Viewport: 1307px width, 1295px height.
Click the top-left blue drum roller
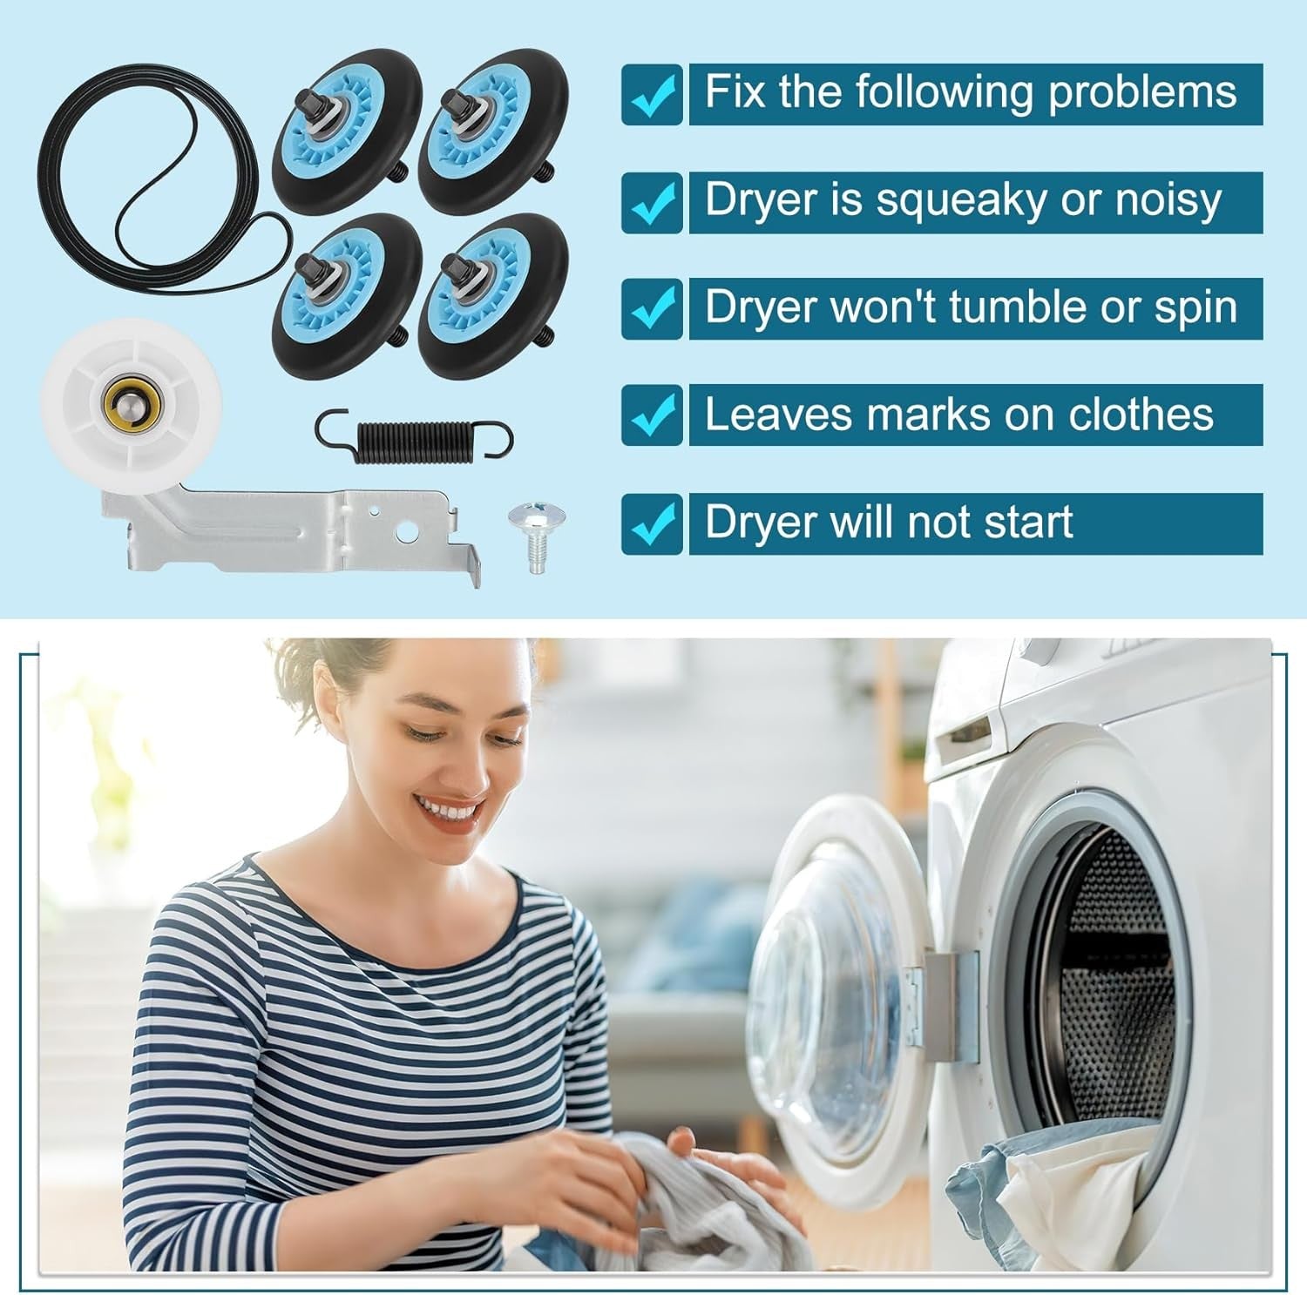coord(348,125)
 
